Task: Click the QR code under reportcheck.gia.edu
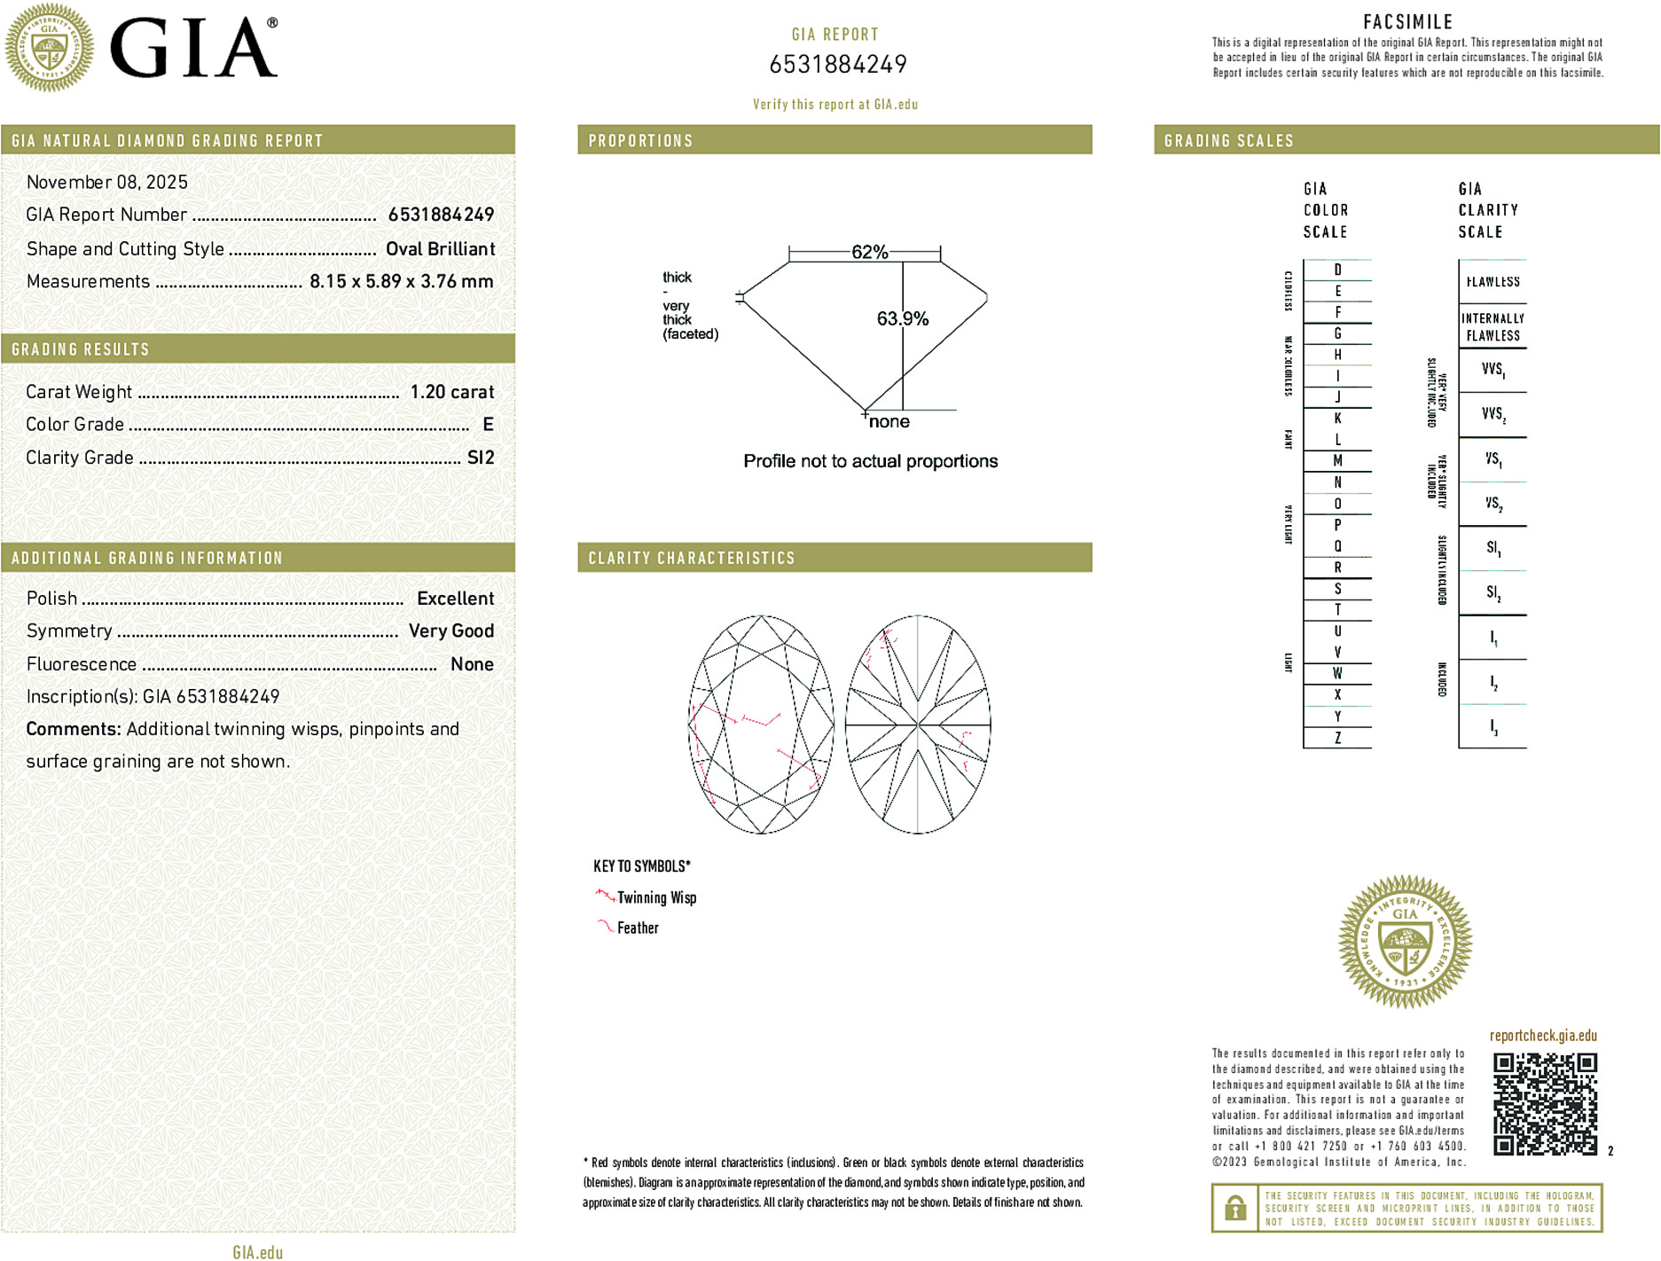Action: [x=1545, y=1103]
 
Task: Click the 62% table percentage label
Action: [x=869, y=252]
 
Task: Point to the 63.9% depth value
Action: [x=902, y=318]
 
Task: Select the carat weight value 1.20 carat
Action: [x=451, y=392]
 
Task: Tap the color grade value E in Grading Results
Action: [x=488, y=425]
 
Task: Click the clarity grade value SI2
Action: [x=481, y=458]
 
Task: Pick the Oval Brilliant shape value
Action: [x=440, y=249]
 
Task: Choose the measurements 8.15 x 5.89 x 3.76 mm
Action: [x=401, y=282]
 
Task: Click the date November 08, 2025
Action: [x=107, y=182]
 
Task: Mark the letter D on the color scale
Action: [x=1337, y=270]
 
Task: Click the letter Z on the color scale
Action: [x=1337, y=738]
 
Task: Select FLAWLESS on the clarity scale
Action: [x=1493, y=282]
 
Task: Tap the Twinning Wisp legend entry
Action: [x=656, y=897]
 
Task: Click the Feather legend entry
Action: [x=638, y=928]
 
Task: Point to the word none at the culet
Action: [x=889, y=422]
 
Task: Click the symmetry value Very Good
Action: [x=451, y=631]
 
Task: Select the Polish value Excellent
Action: [x=455, y=599]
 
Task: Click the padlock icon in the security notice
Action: [x=1234, y=1208]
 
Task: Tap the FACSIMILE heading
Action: [x=1407, y=21]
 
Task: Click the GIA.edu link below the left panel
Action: [x=258, y=1251]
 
